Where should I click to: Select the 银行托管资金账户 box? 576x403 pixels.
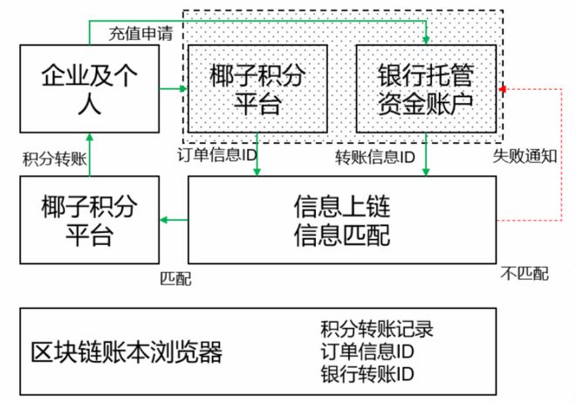425,89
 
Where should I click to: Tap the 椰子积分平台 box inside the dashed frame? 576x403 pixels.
257,89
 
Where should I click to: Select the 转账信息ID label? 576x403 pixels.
375,158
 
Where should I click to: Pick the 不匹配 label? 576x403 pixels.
525,274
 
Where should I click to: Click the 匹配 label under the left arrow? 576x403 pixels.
175,278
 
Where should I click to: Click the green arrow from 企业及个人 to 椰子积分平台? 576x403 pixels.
171,89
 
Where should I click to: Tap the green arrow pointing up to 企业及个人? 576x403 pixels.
90,153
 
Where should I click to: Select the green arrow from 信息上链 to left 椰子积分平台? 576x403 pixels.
175,220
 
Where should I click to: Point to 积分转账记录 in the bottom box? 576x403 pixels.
377,330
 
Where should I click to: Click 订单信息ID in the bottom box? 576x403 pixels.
367,352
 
